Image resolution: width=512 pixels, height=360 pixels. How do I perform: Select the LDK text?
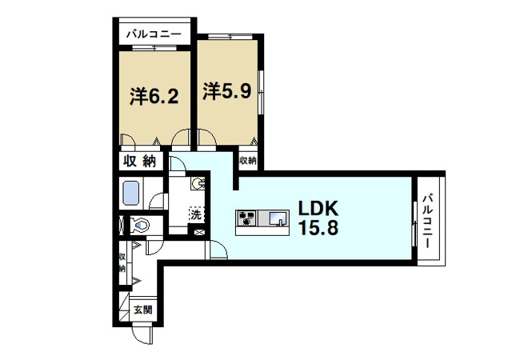pos(319,208)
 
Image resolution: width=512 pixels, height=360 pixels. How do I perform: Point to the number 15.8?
pos(318,228)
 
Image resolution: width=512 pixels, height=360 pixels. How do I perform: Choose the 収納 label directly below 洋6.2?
pos(138,161)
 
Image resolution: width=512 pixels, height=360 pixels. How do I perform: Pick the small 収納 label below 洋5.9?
pos(246,160)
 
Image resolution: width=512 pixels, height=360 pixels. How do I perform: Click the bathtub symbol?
pos(130,194)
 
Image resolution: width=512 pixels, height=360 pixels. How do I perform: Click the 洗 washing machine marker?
pos(195,214)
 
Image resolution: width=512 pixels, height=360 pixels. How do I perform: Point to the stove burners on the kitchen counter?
pos(247,218)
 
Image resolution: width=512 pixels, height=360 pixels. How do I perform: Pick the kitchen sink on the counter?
pos(277,218)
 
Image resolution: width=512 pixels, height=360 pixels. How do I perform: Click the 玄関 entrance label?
pos(142,310)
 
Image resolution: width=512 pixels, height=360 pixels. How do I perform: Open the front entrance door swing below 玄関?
pos(142,334)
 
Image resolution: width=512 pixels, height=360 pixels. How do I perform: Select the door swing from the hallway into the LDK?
pos(215,248)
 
